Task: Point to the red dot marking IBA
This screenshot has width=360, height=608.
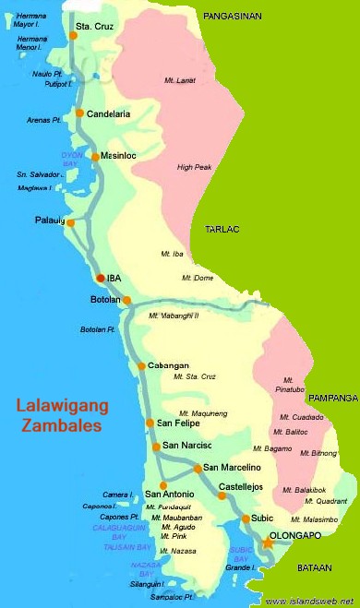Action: click(x=101, y=277)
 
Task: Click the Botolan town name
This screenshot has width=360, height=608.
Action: click(x=104, y=300)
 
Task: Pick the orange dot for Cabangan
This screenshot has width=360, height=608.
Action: click(x=141, y=366)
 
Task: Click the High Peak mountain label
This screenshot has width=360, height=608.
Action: click(x=195, y=167)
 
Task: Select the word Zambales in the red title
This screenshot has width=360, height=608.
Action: click(x=62, y=427)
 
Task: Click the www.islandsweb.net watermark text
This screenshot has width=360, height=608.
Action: click(x=308, y=600)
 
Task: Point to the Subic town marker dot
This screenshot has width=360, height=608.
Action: click(x=246, y=519)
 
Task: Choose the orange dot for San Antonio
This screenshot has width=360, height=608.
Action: click(x=162, y=484)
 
